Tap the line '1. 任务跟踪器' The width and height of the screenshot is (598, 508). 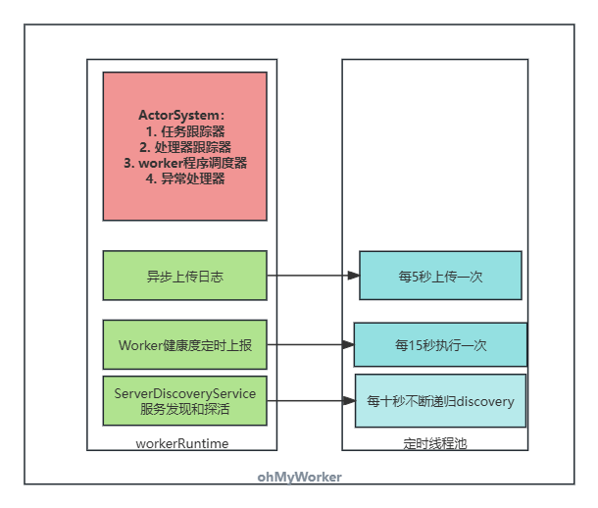[184, 130]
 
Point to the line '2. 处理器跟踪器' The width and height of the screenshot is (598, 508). [185, 147]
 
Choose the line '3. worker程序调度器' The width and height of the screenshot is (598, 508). [185, 163]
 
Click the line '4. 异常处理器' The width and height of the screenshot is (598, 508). [185, 178]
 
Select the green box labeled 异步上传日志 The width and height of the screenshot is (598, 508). [184, 276]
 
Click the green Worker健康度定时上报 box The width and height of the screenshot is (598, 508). [184, 345]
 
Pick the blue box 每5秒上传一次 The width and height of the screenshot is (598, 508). [440, 276]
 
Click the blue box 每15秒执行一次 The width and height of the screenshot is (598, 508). [440, 345]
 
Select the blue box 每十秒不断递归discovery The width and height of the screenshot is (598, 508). [440, 401]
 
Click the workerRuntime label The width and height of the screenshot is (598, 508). [182, 443]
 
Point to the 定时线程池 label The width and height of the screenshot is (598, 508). [435, 443]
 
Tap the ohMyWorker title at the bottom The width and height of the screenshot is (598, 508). [300, 477]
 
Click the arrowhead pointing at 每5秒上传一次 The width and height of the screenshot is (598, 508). [353, 276]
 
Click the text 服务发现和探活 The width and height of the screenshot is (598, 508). [185, 409]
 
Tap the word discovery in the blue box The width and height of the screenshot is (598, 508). [481, 401]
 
